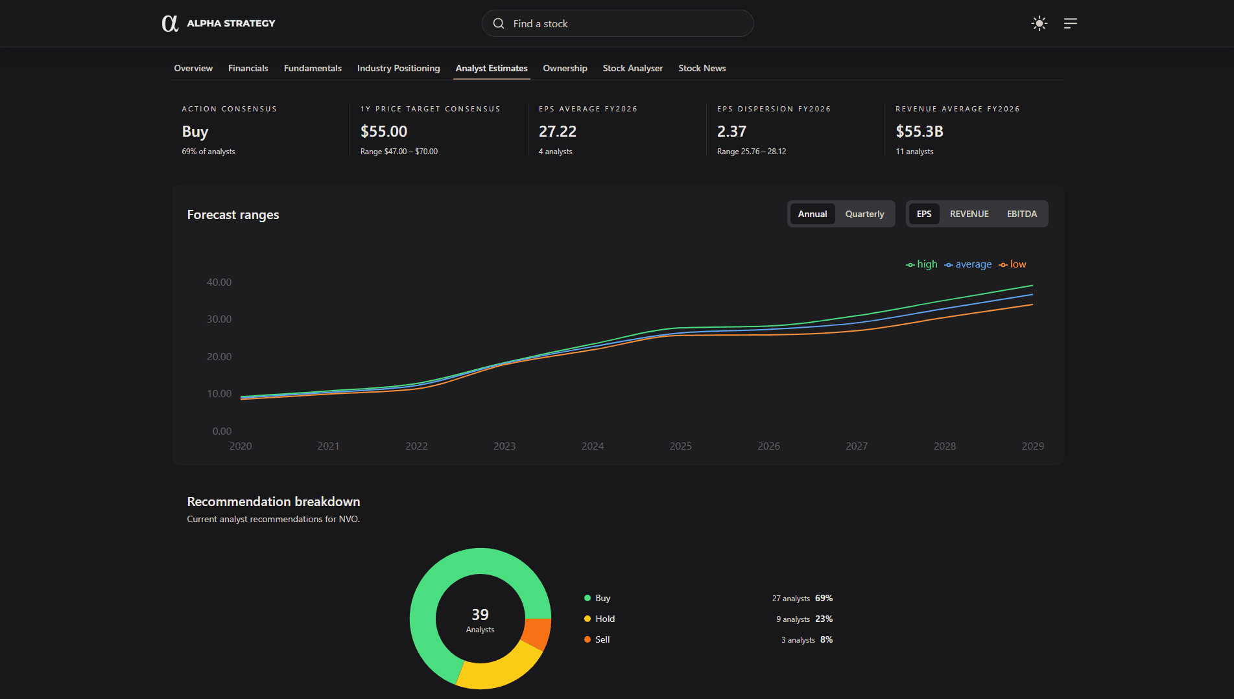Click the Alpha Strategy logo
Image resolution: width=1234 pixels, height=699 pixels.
coord(218,23)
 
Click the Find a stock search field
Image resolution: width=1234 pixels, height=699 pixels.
coord(617,23)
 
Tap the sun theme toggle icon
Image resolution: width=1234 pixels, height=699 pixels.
coord(1039,23)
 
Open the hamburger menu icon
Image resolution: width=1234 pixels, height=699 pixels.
coord(1071,23)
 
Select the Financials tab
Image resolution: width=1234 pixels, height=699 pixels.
coord(248,68)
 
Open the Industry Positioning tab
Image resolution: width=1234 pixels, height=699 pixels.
coord(398,68)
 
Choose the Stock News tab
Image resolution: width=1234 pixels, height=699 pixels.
coord(702,68)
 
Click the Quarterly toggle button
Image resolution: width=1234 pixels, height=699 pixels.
coord(864,214)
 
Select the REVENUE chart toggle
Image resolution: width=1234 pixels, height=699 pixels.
coord(969,214)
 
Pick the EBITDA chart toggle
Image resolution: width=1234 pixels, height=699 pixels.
coord(1021,214)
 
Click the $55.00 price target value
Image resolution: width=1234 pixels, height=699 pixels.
coord(384,132)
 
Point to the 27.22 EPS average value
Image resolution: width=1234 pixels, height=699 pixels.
coord(558,132)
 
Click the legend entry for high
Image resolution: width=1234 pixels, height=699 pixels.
coord(922,264)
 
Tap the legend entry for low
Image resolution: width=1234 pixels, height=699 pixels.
coord(1013,264)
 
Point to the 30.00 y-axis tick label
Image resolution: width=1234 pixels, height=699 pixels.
coord(219,319)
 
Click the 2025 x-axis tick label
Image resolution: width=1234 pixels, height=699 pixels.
coord(680,446)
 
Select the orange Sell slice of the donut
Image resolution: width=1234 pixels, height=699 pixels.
coord(538,634)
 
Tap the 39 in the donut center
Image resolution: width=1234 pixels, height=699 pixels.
coord(480,614)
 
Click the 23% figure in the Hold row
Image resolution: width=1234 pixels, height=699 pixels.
coord(824,619)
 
